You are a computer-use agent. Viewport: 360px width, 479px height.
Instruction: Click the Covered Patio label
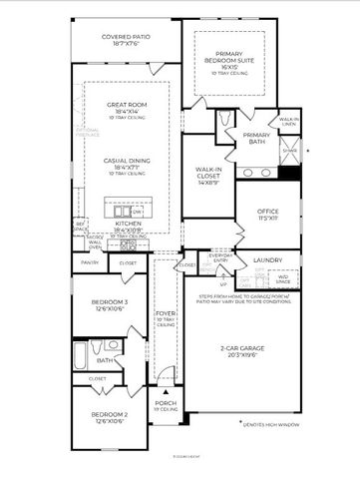click(126, 41)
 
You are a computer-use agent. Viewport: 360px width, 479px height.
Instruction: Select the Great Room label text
click(126, 111)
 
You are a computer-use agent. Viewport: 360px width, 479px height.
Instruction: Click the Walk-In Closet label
click(210, 175)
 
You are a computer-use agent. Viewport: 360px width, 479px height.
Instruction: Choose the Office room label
click(266, 213)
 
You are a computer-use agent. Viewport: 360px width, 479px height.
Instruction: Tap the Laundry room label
click(266, 259)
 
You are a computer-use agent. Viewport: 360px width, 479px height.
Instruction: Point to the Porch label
click(166, 404)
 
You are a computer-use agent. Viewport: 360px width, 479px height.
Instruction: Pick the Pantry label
click(90, 263)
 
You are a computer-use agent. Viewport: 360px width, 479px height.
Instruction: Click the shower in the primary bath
click(289, 152)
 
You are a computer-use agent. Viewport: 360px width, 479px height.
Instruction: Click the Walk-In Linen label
click(289, 122)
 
